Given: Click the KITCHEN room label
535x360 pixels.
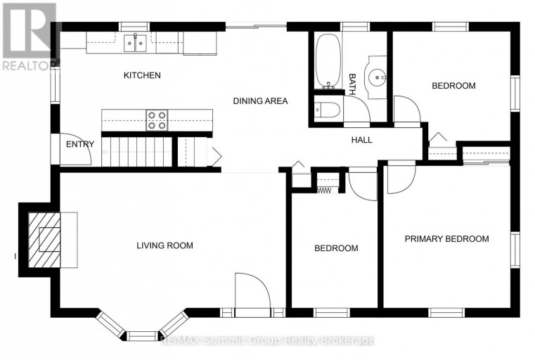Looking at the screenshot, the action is click(142, 75).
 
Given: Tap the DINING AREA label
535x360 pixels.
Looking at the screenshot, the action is click(260, 101).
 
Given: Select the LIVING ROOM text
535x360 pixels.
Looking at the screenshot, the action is click(165, 245).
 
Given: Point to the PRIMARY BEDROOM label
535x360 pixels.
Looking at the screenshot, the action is click(446, 239).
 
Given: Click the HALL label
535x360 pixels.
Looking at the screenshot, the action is click(361, 140).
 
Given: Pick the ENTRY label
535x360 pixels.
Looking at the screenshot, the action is click(80, 144).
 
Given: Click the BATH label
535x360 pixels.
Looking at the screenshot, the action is click(352, 84).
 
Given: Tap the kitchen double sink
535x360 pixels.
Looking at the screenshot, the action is click(135, 43).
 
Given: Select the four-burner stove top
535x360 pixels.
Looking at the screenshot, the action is click(157, 120).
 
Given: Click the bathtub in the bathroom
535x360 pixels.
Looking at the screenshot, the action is click(328, 60).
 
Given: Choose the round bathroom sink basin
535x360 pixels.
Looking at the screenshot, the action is click(375, 77).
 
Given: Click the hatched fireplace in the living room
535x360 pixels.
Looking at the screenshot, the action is click(44, 240).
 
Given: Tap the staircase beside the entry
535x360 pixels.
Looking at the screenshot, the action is click(137, 152).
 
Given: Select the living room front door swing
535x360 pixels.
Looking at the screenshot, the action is click(260, 283).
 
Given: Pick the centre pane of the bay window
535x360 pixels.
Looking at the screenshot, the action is click(143, 336).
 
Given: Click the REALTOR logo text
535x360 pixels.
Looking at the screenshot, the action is click(31, 66).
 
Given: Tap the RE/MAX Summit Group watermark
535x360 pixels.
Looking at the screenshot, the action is click(267, 340).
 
